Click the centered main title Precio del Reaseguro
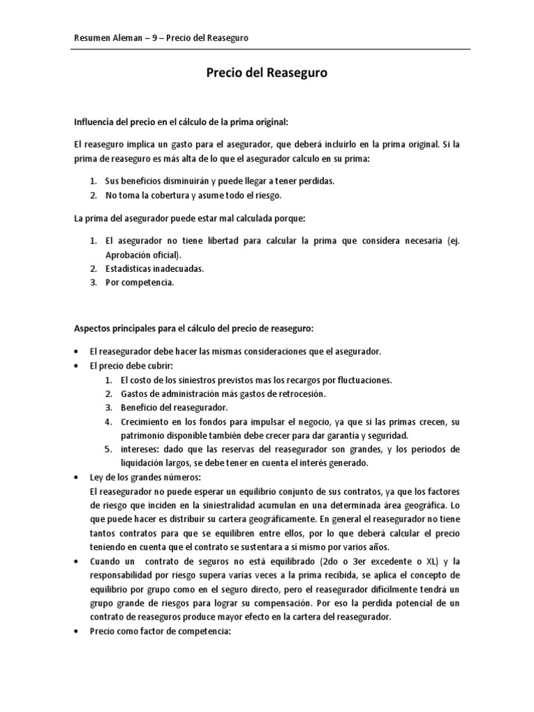(x=266, y=73)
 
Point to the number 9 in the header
(x=161, y=38)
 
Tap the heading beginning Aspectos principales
(x=193, y=327)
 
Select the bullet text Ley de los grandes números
(x=145, y=477)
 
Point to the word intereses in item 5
(x=138, y=449)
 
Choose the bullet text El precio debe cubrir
(x=131, y=366)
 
